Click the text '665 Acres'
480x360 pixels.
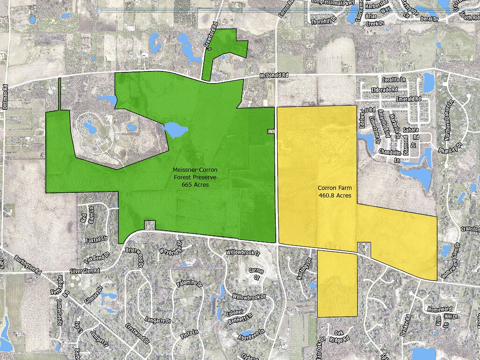(x=195, y=185)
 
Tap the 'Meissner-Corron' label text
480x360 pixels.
(x=195, y=169)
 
